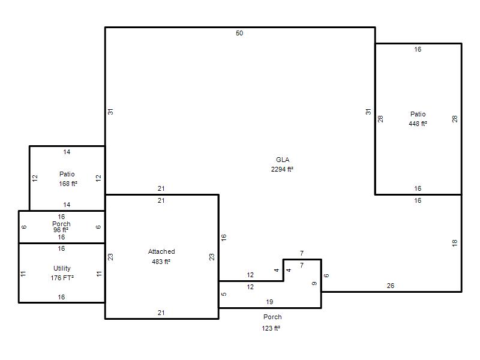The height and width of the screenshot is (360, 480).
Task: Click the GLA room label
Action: (x=283, y=160)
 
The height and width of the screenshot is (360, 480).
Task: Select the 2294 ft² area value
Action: (x=282, y=169)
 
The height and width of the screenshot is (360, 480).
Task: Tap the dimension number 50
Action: (x=239, y=33)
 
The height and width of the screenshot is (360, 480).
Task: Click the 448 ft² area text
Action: (x=418, y=124)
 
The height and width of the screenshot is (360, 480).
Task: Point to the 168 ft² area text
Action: (x=68, y=184)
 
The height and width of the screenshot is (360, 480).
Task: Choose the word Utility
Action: (x=62, y=268)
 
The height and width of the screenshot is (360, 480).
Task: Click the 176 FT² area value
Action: (x=62, y=278)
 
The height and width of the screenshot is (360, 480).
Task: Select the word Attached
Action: (x=161, y=251)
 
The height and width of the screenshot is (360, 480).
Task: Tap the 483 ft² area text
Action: (x=161, y=262)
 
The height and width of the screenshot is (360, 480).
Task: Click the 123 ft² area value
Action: (x=271, y=328)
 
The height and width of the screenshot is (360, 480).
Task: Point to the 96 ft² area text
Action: (x=61, y=230)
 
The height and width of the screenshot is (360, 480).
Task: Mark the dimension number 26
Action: (x=391, y=286)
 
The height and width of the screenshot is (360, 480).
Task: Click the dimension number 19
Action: (x=269, y=302)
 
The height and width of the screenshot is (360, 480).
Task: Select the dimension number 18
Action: (x=455, y=243)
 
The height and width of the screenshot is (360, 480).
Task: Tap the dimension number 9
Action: (x=314, y=283)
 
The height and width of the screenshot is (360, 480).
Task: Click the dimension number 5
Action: (x=224, y=294)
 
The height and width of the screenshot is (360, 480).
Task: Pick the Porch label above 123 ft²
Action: (x=272, y=317)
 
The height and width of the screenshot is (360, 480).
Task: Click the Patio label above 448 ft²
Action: (x=418, y=114)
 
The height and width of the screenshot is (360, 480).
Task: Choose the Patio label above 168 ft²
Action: (x=67, y=174)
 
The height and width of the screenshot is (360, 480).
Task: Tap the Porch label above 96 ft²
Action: (x=61, y=224)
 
